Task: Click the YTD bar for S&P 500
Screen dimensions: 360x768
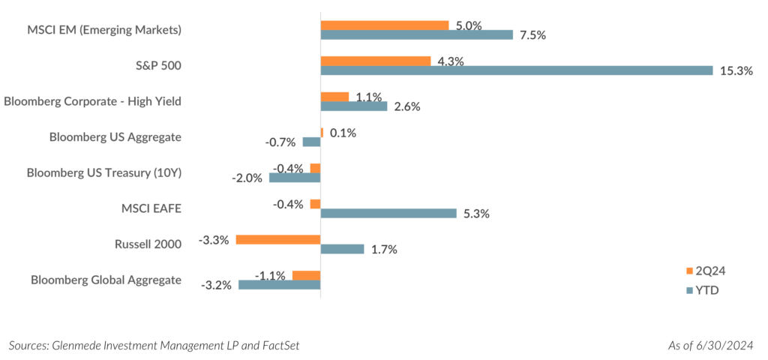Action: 516,70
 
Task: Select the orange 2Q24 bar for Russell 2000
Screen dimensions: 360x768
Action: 277,240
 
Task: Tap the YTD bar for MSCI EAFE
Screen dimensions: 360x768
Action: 388,214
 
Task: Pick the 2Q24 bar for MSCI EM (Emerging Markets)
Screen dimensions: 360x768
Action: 384,25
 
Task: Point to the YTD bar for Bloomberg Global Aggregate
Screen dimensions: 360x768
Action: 279,285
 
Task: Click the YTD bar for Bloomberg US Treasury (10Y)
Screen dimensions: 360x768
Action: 294,178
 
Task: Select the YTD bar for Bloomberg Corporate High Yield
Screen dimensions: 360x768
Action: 354,106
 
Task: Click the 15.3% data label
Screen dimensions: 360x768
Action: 736,71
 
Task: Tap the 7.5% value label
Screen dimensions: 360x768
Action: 535,35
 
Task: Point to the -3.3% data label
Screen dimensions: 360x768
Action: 214,240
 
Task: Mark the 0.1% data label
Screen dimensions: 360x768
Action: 342,133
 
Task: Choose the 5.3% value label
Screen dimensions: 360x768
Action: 476,214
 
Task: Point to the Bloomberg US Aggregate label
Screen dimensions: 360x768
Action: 115,137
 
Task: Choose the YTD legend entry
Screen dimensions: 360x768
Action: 700,290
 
